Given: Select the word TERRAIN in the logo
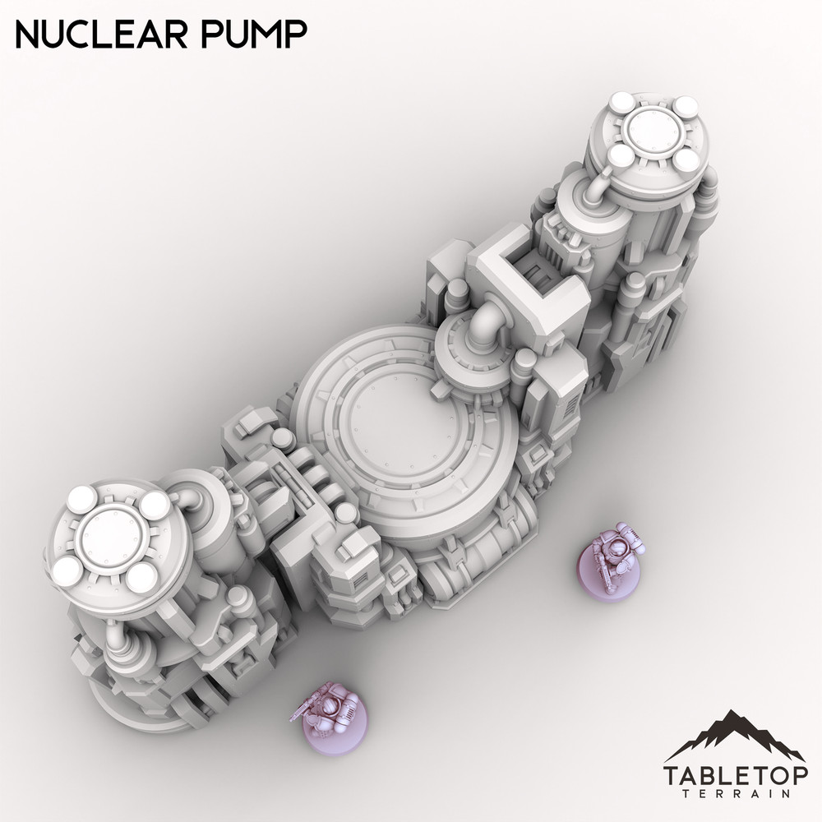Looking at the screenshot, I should tap(735, 796).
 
